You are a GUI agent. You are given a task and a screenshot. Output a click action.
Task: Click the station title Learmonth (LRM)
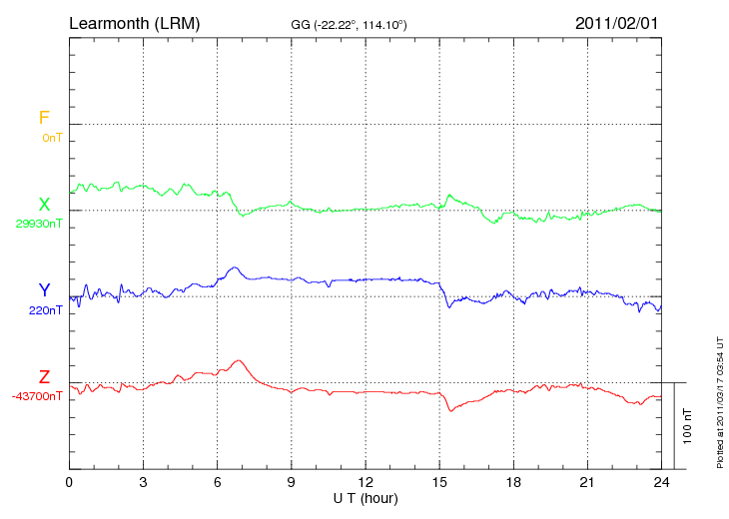(x=134, y=22)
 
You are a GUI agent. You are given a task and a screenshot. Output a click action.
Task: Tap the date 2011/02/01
(x=617, y=22)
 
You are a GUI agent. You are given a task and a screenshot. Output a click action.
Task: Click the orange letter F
(x=44, y=118)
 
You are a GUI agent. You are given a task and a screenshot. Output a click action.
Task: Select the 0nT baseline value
(x=51, y=137)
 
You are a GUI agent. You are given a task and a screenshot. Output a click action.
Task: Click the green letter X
(x=44, y=204)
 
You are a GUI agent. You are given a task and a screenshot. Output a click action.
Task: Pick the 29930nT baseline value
(x=39, y=224)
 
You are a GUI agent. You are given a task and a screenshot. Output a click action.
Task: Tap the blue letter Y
(x=44, y=290)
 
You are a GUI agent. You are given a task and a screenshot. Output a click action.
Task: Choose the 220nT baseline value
(x=46, y=309)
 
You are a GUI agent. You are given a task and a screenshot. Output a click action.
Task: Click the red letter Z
(x=44, y=376)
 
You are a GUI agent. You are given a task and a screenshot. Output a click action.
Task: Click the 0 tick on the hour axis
(x=69, y=481)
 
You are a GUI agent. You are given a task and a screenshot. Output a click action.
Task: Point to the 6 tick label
(x=217, y=481)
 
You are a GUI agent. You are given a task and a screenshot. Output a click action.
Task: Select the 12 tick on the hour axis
(x=364, y=481)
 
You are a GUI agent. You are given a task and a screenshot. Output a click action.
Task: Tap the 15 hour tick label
(x=439, y=481)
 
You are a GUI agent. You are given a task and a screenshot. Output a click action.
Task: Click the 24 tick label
(x=660, y=481)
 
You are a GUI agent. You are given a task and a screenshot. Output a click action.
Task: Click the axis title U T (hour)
(x=364, y=497)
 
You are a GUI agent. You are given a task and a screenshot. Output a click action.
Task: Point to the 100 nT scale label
(x=687, y=425)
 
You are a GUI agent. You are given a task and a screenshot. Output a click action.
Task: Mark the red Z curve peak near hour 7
(x=238, y=360)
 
